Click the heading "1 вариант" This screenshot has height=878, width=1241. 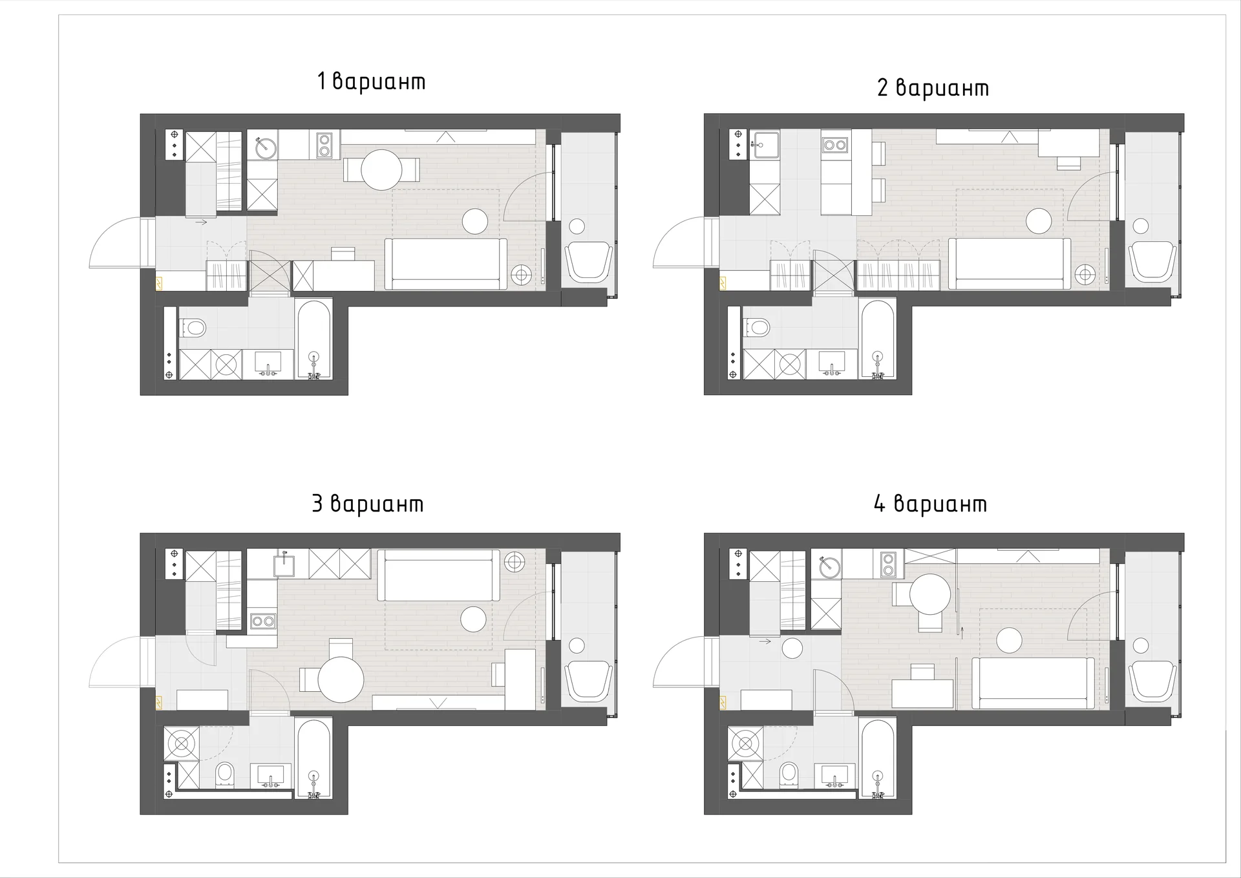click(x=371, y=81)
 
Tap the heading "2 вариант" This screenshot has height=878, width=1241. click(x=933, y=88)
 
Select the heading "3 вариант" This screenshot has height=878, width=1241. click(x=367, y=504)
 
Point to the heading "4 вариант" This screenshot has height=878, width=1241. click(x=930, y=504)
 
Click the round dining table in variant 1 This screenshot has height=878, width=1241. click(x=382, y=169)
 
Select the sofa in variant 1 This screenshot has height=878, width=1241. click(x=446, y=264)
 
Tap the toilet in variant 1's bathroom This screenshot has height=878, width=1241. click(x=192, y=328)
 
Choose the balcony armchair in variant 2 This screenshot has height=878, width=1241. click(x=1152, y=261)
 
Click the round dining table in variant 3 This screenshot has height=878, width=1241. click(x=341, y=680)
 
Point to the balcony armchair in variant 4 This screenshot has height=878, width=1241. click(x=1152, y=681)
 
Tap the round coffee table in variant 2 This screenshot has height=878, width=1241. click(x=1039, y=220)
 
